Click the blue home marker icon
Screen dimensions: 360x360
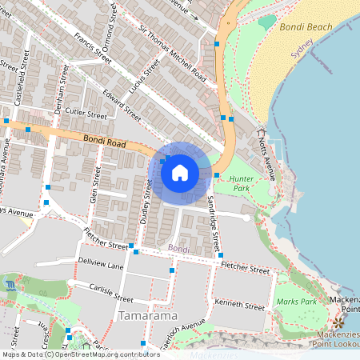click(x=180, y=172)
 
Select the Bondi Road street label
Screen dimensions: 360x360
click(x=102, y=143)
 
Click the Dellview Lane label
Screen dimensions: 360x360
click(x=101, y=265)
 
